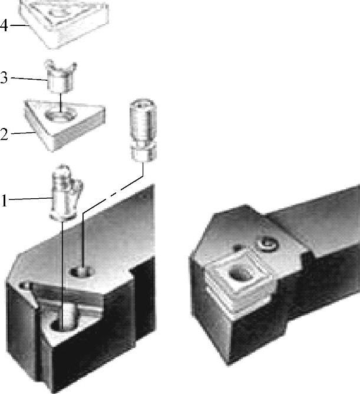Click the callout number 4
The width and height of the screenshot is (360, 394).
[4, 25]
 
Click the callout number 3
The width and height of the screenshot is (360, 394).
[4, 77]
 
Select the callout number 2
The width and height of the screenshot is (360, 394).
[4, 134]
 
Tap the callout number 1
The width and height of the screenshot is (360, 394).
[4, 201]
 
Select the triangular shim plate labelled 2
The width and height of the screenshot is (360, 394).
[65, 124]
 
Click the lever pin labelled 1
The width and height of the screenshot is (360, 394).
[66, 193]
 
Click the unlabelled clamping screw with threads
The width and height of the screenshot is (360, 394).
[143, 130]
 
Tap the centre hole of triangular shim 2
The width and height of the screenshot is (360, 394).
[61, 116]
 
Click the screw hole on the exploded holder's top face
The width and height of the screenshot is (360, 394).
[82, 271]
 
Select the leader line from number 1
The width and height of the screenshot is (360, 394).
[30, 199]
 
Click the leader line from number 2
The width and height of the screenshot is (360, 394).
[22, 133]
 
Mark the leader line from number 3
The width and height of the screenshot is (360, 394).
[29, 79]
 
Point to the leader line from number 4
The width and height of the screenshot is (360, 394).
[20, 25]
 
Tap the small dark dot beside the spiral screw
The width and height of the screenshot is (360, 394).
[237, 248]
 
